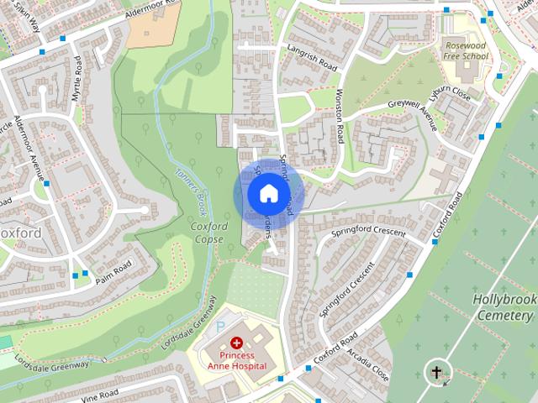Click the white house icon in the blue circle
pyautogui.click(x=268, y=194)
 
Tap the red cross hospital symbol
pyautogui.click(x=237, y=343)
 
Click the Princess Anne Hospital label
pyautogui.click(x=237, y=360)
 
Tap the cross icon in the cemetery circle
pyautogui.click(x=436, y=371)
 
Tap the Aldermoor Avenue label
pyautogui.click(x=34, y=157)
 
